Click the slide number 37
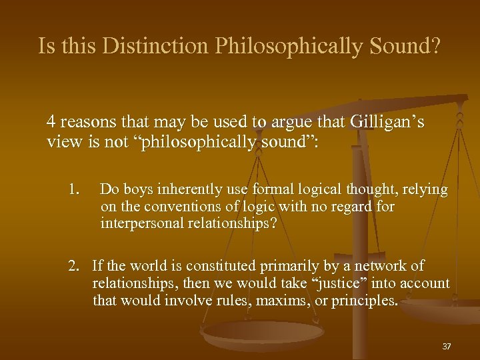(x=447, y=347)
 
